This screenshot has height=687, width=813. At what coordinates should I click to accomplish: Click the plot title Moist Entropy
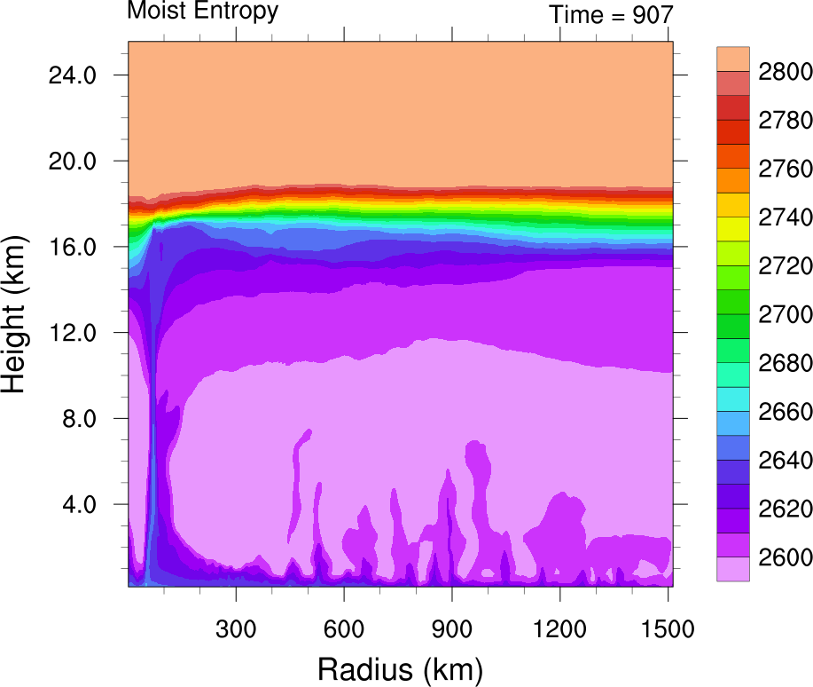coord(203,12)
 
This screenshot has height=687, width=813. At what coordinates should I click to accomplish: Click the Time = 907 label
coord(611,14)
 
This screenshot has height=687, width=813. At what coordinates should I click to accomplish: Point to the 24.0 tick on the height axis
coord(71,75)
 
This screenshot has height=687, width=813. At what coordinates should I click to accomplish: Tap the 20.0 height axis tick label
coord(71,162)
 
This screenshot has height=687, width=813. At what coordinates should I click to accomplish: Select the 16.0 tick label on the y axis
coord(71,247)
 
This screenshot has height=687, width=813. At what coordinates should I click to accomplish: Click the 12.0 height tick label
coord(71,333)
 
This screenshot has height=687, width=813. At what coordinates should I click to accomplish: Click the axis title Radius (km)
coord(400,667)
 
